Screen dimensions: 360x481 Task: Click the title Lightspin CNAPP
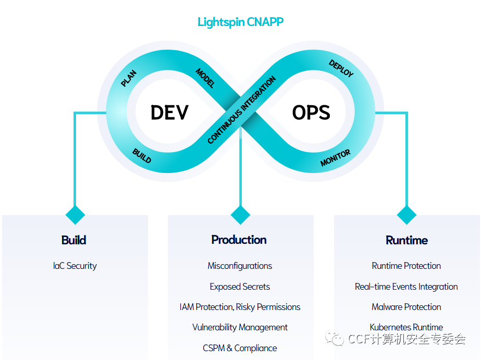tap(240, 22)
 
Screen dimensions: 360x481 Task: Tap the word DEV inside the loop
tap(169, 113)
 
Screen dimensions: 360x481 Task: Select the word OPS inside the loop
tap(311, 113)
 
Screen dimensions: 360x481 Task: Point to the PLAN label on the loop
tap(128, 79)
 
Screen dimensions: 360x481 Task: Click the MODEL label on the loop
tap(205, 78)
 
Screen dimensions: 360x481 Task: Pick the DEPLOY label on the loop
tap(341, 68)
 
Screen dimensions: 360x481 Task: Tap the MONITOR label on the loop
tap(335, 158)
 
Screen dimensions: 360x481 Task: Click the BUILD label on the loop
tap(142, 156)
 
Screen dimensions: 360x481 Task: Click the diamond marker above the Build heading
tap(75, 215)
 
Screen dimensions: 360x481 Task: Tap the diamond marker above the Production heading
tap(240, 215)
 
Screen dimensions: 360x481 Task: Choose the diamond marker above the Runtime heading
tap(406, 215)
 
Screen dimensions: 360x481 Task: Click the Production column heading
tap(239, 240)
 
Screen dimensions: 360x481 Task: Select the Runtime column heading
tap(406, 240)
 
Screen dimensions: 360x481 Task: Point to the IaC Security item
tap(75, 266)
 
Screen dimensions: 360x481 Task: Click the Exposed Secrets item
tap(240, 287)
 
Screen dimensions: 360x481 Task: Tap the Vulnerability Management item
tap(240, 327)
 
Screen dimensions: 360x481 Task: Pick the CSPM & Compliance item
tap(240, 348)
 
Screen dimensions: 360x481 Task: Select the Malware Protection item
tap(406, 307)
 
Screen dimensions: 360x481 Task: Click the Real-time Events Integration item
tap(406, 287)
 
